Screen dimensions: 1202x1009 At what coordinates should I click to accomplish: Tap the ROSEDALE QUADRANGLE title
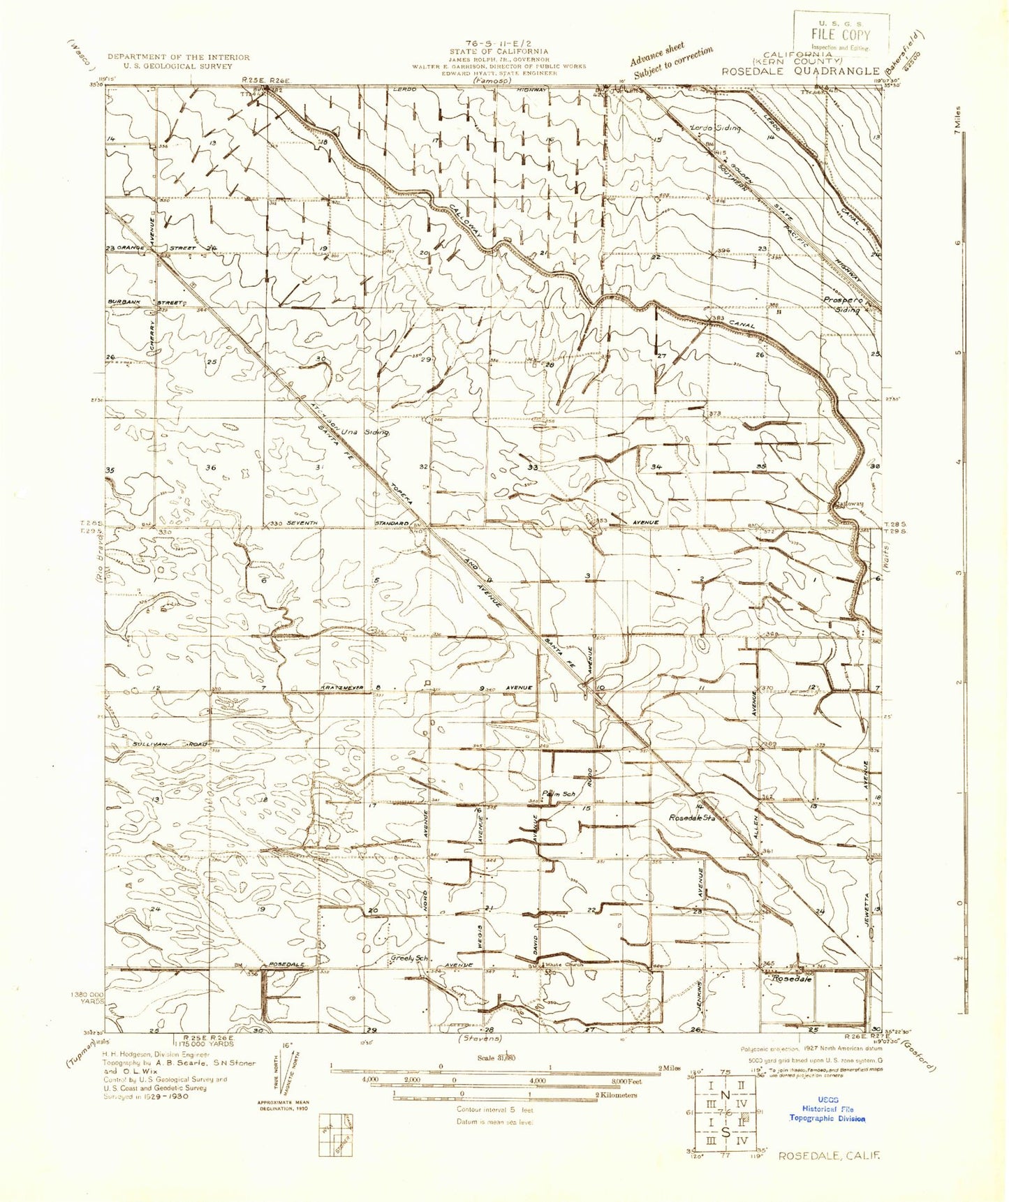800,71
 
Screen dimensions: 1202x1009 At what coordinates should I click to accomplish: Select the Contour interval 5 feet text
495,1108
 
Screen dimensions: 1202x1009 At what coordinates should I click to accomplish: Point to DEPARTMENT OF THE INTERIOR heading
178,57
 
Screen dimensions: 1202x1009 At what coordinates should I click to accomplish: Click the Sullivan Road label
168,745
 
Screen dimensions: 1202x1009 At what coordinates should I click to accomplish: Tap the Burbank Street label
145,302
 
